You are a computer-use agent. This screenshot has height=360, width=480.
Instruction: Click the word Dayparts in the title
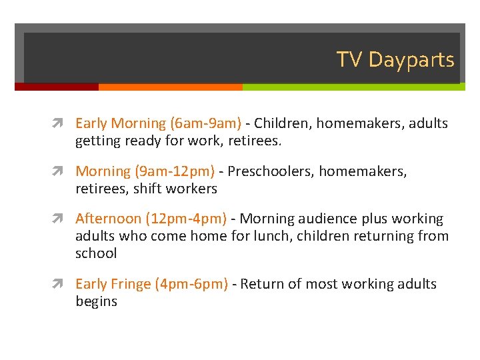(x=411, y=60)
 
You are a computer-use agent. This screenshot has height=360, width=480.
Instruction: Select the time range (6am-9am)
(x=206, y=123)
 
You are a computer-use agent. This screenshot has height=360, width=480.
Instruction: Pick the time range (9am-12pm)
(x=175, y=171)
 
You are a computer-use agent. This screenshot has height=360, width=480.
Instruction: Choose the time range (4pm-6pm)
(x=191, y=284)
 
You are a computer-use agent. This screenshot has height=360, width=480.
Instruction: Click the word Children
(x=282, y=123)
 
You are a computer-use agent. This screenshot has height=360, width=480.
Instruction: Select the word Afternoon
(x=109, y=219)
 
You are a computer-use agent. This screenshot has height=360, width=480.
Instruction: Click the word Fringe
(x=130, y=284)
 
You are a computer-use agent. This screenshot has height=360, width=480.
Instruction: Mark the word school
(x=96, y=253)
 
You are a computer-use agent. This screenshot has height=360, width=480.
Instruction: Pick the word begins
(x=96, y=301)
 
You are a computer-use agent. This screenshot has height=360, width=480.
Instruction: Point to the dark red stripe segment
(x=57, y=87)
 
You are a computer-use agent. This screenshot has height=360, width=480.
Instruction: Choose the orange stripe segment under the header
(x=170, y=87)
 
